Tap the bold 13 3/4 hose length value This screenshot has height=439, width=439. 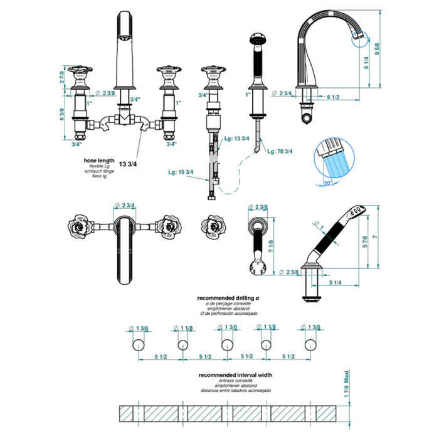pyautogui.click(x=129, y=165)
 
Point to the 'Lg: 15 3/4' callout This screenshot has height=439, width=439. pyautogui.click(x=181, y=172)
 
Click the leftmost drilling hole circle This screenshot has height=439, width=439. pyautogui.click(x=138, y=344)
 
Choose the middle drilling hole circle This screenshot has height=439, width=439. pyautogui.click(x=225, y=344)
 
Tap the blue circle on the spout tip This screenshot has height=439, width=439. pyautogui.click(x=359, y=40)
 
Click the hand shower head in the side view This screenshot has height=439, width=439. pyautogui.click(x=355, y=212)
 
